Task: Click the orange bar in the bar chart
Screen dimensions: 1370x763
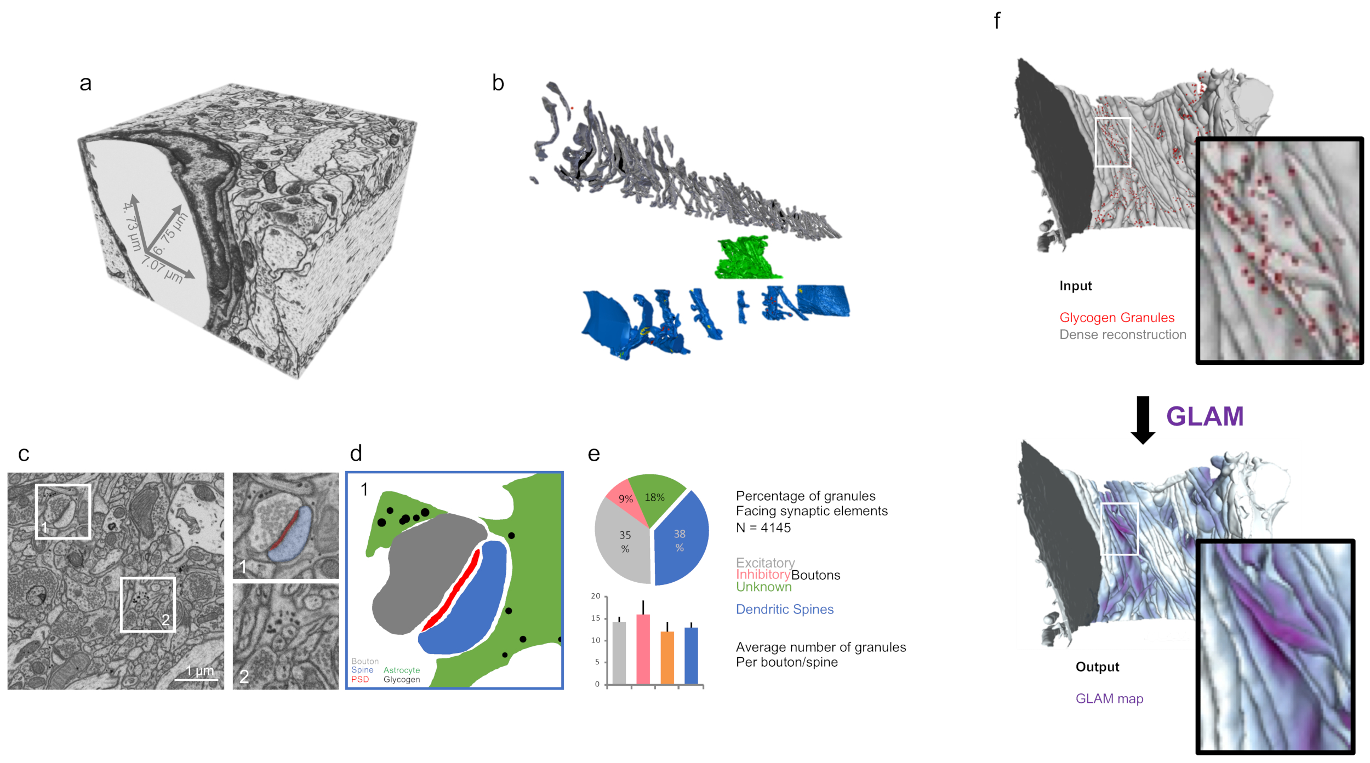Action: [x=667, y=657]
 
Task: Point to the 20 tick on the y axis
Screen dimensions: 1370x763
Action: [x=596, y=596]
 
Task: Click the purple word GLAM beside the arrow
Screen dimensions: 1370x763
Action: [x=1205, y=416]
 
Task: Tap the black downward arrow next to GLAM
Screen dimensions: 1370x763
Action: [x=1143, y=420]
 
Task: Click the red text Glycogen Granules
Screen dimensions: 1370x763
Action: [x=1116, y=318]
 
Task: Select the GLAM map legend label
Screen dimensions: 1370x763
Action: [x=1109, y=699]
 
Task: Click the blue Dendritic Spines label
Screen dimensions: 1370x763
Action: [x=784, y=610]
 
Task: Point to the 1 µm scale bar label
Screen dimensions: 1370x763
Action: [x=199, y=670]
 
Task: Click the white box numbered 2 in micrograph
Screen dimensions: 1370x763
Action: [x=147, y=604]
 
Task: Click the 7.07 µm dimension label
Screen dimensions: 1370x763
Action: [x=162, y=269]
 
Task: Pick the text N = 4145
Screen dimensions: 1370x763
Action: [x=763, y=528]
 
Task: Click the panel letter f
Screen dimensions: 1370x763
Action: [x=997, y=21]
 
